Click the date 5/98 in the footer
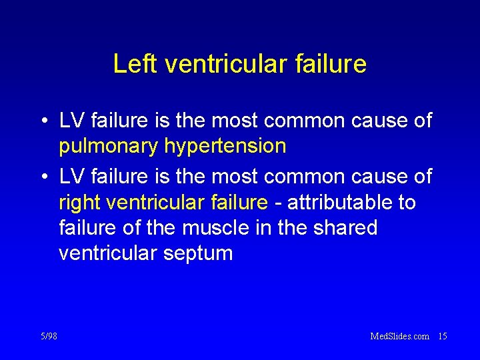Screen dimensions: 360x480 pyautogui.click(x=49, y=336)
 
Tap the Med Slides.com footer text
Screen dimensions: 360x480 pyautogui.click(x=399, y=336)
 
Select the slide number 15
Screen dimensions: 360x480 pyautogui.click(x=442, y=336)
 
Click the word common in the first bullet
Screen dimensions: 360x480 pyautogui.click(x=315, y=121)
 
